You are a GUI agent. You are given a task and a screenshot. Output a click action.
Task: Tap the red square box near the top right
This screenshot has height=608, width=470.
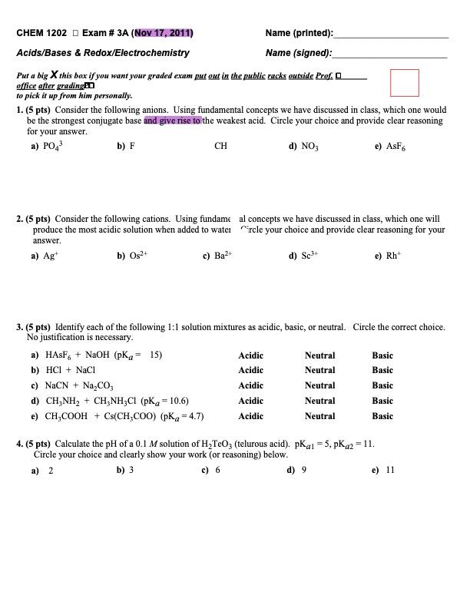pyautogui.click(x=404, y=82)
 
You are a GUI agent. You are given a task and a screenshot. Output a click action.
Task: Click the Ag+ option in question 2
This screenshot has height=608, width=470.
pyautogui.click(x=47, y=257)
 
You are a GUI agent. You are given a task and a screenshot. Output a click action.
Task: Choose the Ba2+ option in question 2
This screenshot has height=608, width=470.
pyautogui.click(x=218, y=257)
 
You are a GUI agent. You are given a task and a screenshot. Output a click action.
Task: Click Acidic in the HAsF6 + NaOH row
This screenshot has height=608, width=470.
pyautogui.click(x=250, y=355)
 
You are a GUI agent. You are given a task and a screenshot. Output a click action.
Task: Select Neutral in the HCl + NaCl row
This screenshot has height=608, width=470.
pyautogui.click(x=319, y=371)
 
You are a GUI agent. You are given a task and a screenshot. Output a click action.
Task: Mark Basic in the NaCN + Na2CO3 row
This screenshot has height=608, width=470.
pyautogui.click(x=382, y=385)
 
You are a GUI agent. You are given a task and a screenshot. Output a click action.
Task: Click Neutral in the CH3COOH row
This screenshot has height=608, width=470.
pyautogui.click(x=319, y=416)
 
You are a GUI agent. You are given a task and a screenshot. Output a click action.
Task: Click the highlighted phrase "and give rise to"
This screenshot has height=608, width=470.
pyautogui.click(x=173, y=121)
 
